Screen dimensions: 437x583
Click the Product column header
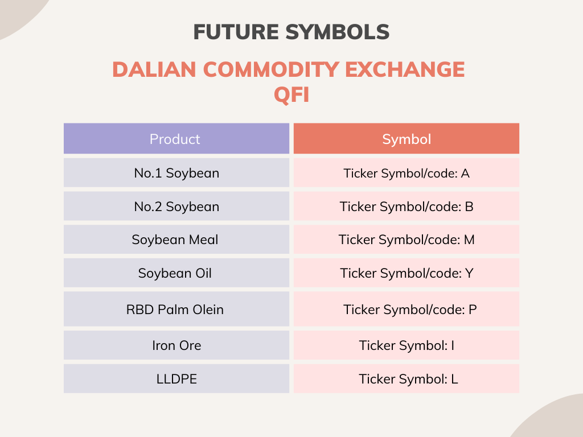click(176, 139)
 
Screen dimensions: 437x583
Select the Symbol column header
click(406, 139)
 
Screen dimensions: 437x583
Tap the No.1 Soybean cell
click(176, 173)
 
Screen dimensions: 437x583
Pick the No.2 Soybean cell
click(176, 207)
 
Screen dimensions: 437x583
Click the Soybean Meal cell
click(176, 240)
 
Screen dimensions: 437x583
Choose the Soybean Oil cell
click(176, 273)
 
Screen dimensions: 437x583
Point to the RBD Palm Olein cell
click(176, 310)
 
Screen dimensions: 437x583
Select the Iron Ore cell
click(176, 345)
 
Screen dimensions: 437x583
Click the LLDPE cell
click(176, 379)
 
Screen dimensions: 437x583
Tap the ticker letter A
click(465, 173)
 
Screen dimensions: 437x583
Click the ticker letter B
click(469, 207)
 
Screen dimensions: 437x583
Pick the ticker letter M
click(469, 240)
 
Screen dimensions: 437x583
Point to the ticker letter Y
click(469, 273)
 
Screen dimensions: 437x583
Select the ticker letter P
click(473, 310)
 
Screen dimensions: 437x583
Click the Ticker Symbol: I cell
click(406, 345)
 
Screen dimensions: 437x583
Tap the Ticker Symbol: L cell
click(406, 379)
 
